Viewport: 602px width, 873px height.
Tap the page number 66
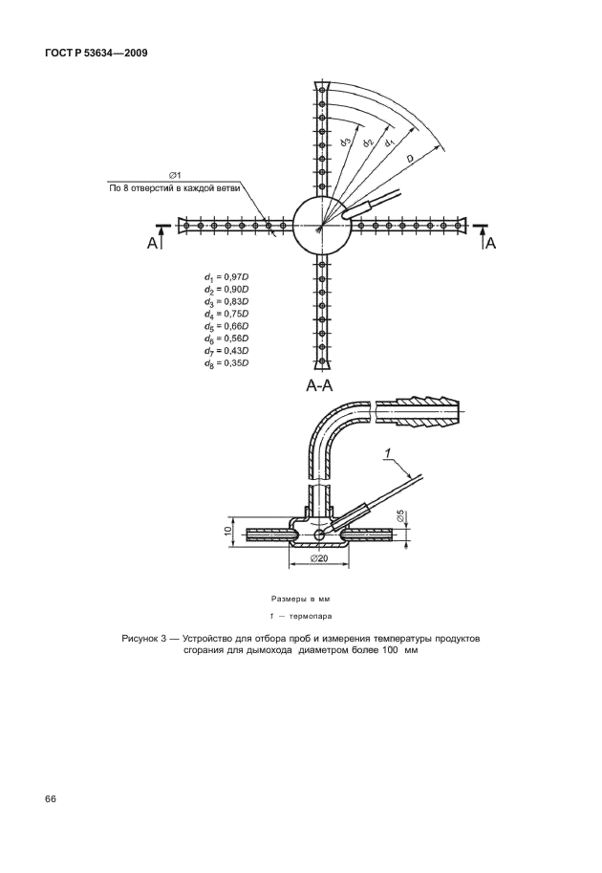(49, 799)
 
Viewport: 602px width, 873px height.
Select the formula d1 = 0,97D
(226, 277)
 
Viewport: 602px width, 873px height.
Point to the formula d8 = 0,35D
(226, 364)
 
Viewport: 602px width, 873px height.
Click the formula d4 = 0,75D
(226, 315)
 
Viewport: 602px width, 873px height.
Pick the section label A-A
(319, 385)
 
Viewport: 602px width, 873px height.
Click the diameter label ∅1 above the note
(176, 175)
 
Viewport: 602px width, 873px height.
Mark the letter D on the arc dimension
(408, 159)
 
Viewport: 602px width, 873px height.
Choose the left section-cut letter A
(153, 244)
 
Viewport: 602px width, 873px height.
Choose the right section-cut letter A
(491, 244)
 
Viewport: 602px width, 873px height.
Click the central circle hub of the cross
(322, 226)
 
